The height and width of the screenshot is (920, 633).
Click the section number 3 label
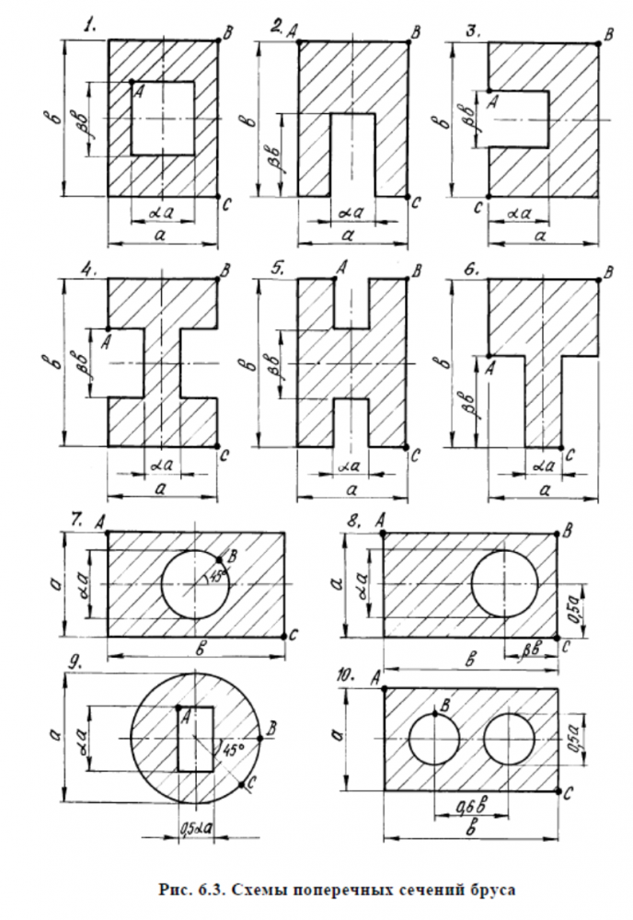point(474,29)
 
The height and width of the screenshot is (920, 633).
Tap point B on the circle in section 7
point(219,558)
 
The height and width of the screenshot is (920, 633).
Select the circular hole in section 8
point(504,583)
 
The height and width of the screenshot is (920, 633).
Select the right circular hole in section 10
point(510,739)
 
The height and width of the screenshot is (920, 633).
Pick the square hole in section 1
point(163,118)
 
